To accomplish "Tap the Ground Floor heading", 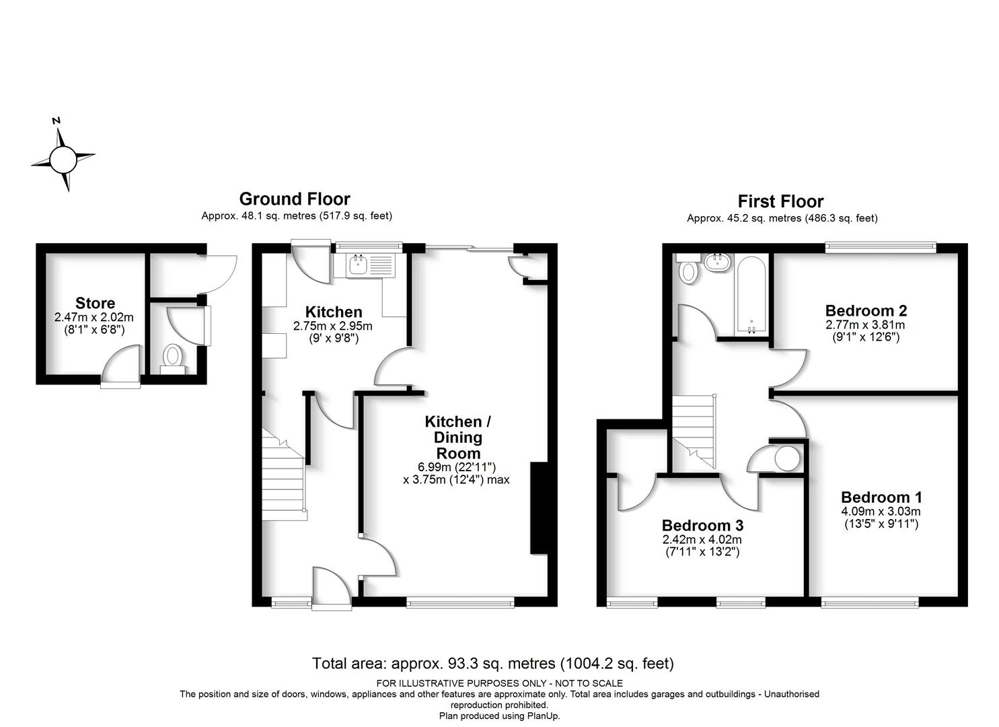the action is [x=295, y=199].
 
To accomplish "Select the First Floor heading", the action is [x=780, y=202].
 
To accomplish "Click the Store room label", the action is [x=95, y=303].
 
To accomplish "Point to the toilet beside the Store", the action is [x=173, y=359].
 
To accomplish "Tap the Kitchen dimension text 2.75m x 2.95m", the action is [x=333, y=326].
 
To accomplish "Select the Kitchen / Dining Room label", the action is [x=458, y=437].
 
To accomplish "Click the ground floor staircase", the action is [x=284, y=475].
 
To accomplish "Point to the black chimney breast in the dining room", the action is [x=539, y=508].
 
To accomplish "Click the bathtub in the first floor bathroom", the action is [x=751, y=295].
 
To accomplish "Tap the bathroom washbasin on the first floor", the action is [x=717, y=263].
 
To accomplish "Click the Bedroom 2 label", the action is [x=866, y=310].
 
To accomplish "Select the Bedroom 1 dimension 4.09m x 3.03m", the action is [x=881, y=512].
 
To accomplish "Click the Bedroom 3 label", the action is [x=702, y=525].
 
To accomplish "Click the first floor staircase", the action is [x=694, y=431].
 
